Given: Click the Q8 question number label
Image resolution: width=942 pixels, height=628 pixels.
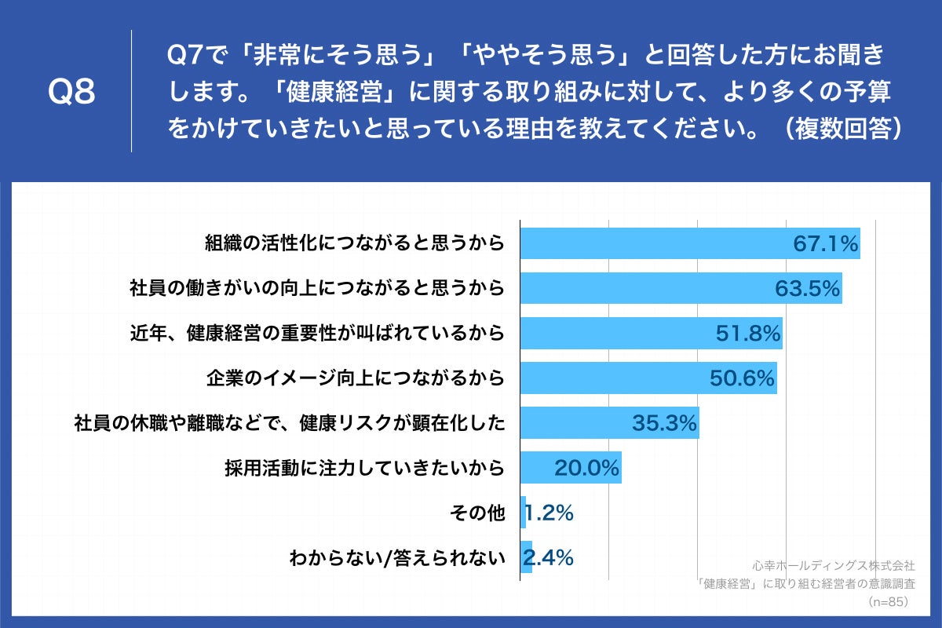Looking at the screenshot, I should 71,92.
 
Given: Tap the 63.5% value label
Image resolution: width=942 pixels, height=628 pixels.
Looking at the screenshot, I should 808,290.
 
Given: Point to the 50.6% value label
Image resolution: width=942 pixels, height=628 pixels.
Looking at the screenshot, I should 743,379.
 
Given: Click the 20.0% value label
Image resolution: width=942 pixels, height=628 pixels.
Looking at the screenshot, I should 587,469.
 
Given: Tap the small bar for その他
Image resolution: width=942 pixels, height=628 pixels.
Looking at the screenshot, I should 524,513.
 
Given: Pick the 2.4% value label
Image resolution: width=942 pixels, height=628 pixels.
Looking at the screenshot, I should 549,558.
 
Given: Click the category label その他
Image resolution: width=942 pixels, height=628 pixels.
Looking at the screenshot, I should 477,513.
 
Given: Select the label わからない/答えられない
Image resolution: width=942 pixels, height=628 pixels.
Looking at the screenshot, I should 396,558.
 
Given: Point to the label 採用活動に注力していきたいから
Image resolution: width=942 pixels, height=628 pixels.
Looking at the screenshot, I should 363,469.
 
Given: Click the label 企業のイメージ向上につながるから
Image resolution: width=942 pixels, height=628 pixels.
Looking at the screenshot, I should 353,379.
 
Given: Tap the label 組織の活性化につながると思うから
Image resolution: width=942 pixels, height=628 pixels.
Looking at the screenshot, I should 353,244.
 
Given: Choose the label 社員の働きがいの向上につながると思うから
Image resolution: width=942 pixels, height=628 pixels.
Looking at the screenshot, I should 316,290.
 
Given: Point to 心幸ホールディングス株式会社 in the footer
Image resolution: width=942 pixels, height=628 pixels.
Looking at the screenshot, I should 833,565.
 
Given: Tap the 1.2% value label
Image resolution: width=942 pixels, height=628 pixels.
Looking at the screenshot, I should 549,513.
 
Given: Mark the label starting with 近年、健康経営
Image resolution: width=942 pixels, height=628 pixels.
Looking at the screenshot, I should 316,334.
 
